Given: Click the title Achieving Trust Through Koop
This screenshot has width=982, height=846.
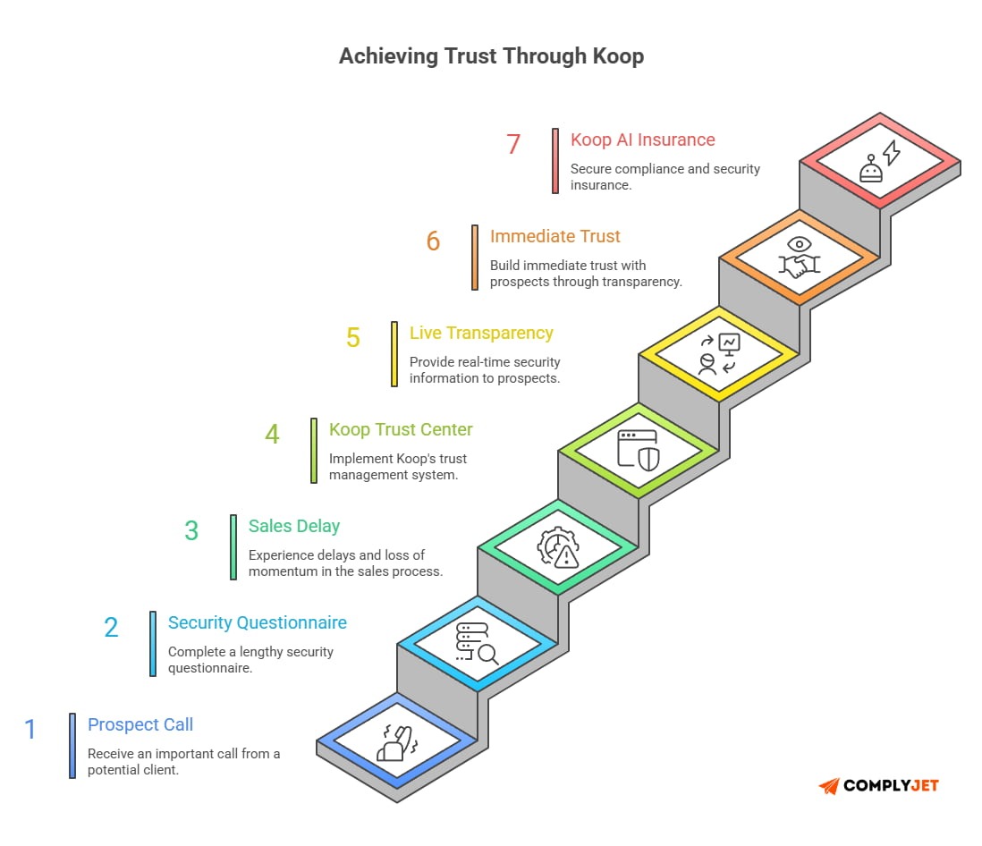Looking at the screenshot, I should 491,56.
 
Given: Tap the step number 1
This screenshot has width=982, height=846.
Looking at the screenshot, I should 30,730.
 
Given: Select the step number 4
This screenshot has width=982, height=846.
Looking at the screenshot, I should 272,435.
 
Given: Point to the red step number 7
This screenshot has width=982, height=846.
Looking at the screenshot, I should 513,145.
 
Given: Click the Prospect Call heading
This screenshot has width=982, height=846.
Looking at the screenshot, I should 140,725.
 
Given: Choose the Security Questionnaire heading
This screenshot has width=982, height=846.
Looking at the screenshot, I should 258,623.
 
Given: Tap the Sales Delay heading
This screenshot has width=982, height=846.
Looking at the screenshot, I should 294,526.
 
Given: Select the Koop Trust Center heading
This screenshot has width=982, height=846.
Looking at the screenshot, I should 401,429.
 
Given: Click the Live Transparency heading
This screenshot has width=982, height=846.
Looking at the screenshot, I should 481,333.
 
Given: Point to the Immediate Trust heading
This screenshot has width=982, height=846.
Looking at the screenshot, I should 555,236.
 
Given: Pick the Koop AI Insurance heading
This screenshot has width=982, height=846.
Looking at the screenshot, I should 643,140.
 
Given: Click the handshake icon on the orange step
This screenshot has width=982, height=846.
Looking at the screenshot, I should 799,256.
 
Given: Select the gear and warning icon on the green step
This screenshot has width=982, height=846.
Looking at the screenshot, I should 557,546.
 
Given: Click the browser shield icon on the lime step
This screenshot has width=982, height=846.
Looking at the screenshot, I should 638,449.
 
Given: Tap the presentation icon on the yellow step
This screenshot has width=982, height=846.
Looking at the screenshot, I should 718,353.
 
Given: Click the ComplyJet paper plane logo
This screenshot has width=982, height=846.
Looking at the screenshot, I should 829,786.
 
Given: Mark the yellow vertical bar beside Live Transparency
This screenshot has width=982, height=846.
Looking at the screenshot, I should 394,354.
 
